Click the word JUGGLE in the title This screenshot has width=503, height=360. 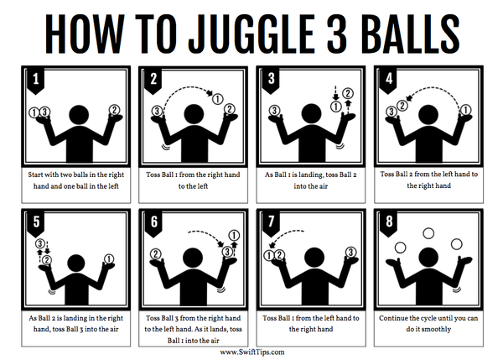click(251, 34)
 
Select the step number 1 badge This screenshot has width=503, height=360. click(35, 81)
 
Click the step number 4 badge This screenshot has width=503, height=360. click(388, 81)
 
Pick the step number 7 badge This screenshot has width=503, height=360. click(271, 223)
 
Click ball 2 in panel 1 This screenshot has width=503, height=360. click(114, 110)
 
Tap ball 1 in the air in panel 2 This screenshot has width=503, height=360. click(218, 98)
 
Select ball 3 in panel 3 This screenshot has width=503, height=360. click(274, 111)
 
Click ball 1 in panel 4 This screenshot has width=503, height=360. click(466, 110)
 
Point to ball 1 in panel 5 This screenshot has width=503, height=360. click(109, 258)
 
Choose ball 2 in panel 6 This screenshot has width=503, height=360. click(156, 254)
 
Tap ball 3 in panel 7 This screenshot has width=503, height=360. click(350, 252)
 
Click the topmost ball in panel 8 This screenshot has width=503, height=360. click(428, 233)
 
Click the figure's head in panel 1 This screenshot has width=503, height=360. click(80, 115)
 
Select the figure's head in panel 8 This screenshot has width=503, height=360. click(428, 258)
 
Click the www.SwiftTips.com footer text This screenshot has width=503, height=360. click(252, 352)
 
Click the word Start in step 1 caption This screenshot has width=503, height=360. click(35, 175)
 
